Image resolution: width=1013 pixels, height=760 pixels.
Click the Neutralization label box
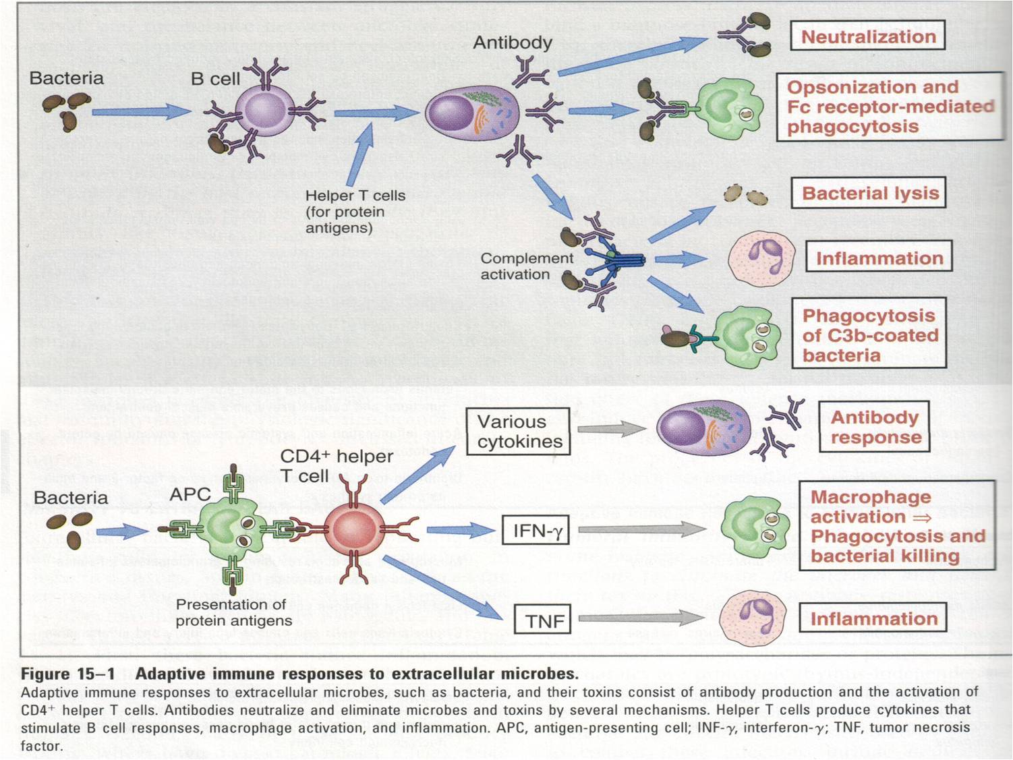pos(867,36)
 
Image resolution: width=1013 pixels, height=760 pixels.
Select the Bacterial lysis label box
pos(869,194)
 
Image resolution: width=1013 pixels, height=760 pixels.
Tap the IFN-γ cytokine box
pos(536,531)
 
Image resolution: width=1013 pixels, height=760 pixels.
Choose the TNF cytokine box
pos(544,620)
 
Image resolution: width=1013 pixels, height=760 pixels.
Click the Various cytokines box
pos(518,432)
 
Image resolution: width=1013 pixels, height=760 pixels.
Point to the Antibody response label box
pos(875,427)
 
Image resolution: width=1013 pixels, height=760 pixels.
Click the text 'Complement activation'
pos(526,266)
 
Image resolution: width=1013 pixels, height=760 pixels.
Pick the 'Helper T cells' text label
pos(355,196)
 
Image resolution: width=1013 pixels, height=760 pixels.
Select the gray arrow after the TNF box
pos(641,618)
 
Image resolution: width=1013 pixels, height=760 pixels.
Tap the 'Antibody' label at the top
pos(512,42)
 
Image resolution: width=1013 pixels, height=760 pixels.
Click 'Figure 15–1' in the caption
pos(67,674)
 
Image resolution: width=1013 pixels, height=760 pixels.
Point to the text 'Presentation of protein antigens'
pos(233,612)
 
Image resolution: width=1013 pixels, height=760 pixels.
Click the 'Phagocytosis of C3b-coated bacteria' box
pos(869,335)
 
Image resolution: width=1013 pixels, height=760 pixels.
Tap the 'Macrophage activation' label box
pos(896,526)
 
